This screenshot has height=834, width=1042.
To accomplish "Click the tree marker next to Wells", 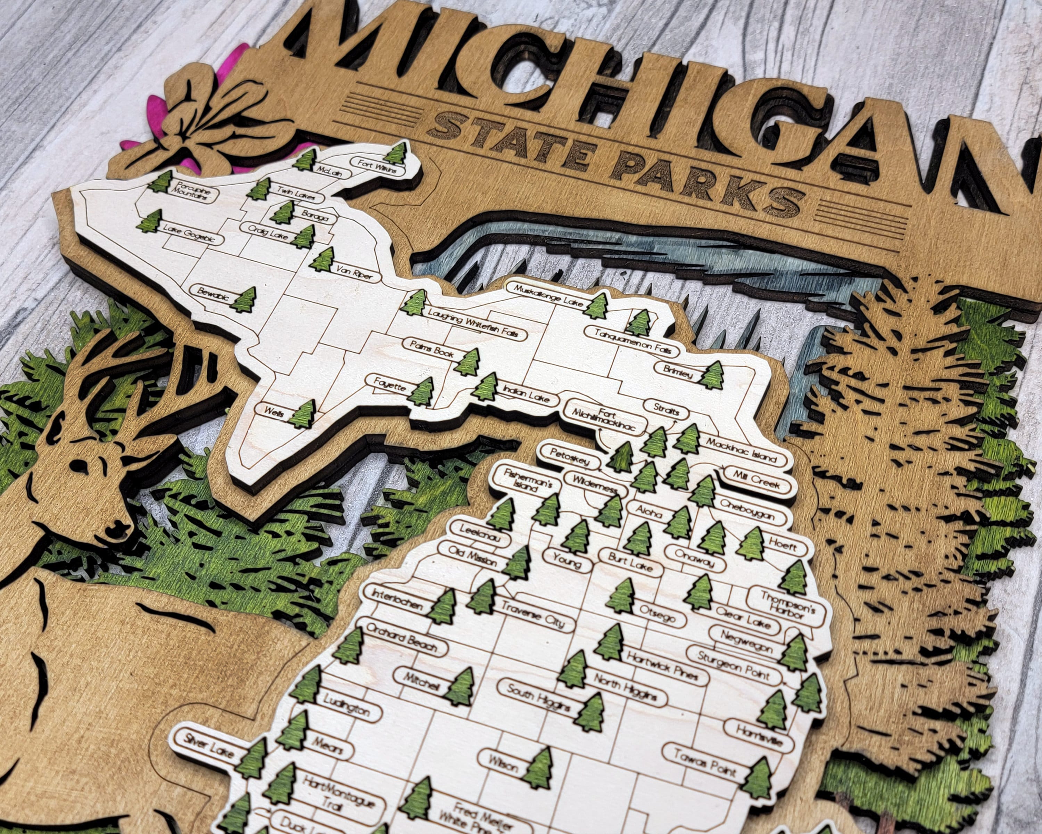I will tap(303, 414).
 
